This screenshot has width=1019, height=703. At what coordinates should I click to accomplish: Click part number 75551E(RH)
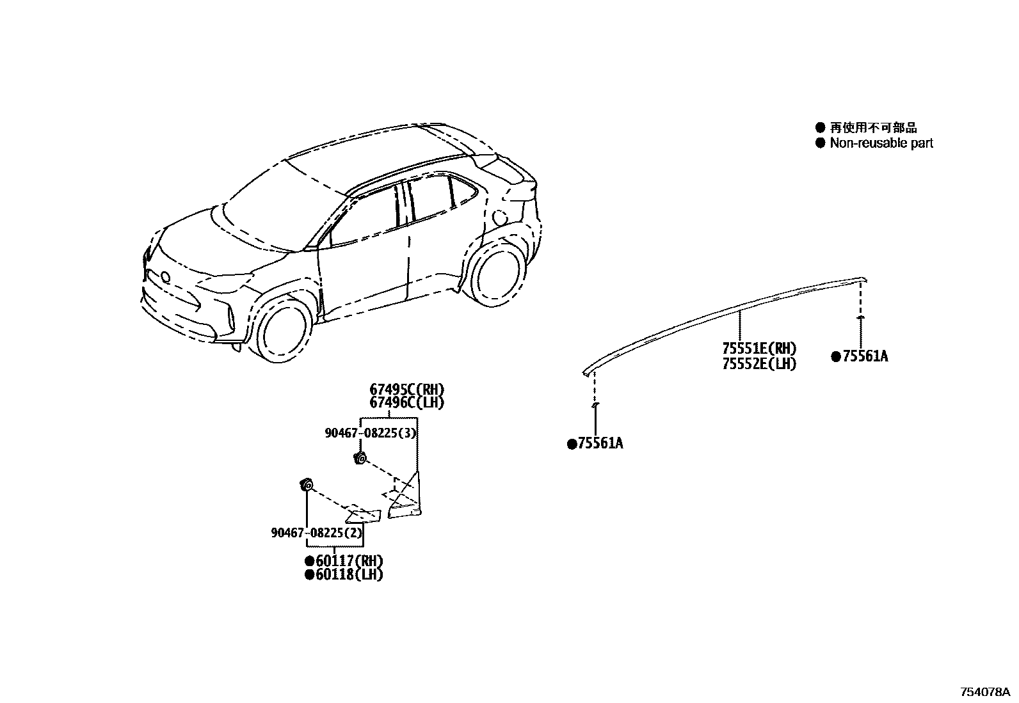[x=759, y=349]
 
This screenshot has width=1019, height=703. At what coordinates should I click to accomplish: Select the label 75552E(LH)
[x=759, y=364]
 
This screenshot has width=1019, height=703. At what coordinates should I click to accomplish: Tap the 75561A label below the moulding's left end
[x=600, y=443]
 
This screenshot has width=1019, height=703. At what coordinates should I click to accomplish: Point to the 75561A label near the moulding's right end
[x=865, y=357]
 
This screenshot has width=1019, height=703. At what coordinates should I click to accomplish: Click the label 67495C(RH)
[x=406, y=389]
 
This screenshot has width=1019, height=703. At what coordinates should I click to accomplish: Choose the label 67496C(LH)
[x=406, y=402]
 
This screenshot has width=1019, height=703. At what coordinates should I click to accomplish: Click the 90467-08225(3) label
[x=371, y=433]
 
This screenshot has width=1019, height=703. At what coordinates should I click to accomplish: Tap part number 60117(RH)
[x=349, y=561]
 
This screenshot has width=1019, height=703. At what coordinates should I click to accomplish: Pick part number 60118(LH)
[x=349, y=574]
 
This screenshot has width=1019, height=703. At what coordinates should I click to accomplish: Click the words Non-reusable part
[x=881, y=143]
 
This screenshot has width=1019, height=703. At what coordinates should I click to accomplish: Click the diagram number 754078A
[x=984, y=692]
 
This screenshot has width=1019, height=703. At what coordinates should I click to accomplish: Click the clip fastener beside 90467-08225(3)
[x=360, y=457]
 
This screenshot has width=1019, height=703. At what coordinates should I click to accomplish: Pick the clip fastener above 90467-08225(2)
[x=305, y=486]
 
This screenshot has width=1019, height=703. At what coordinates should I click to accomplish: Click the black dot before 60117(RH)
[x=310, y=561]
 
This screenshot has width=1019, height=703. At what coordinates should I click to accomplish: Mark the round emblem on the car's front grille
[x=165, y=277]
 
